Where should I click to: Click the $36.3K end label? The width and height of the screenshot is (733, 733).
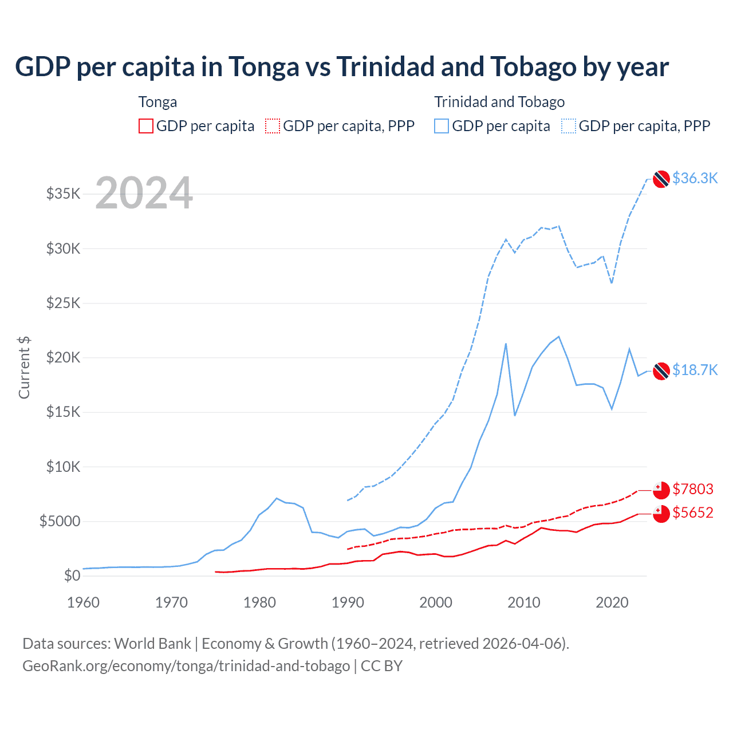695,178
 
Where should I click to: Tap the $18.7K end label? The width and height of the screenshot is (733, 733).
695,370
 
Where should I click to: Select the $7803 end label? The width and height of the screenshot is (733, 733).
693,489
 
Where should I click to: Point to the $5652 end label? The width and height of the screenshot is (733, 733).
693,513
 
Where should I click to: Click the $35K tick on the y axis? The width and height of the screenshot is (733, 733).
64,194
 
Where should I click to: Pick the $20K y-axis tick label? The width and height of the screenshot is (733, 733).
64,358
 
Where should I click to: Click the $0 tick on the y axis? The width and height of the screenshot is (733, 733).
72,576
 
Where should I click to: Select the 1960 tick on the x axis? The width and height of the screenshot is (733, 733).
84,602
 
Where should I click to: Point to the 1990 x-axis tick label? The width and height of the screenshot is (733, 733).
348,602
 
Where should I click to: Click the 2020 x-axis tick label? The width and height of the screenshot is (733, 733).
612,602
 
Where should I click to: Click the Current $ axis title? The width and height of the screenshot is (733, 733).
24,368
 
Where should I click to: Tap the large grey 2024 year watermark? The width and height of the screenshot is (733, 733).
144,193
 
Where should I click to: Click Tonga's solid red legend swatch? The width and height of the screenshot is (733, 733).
146,126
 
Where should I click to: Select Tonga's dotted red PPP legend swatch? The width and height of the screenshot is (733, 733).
273,126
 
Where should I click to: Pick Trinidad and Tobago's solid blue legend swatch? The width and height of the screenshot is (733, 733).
442,126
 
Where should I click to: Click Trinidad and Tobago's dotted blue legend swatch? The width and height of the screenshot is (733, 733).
569,126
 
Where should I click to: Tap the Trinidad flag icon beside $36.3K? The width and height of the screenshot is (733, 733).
661,179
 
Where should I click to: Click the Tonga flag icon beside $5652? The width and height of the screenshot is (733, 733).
661,514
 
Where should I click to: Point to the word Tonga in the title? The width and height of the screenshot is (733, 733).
264,67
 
